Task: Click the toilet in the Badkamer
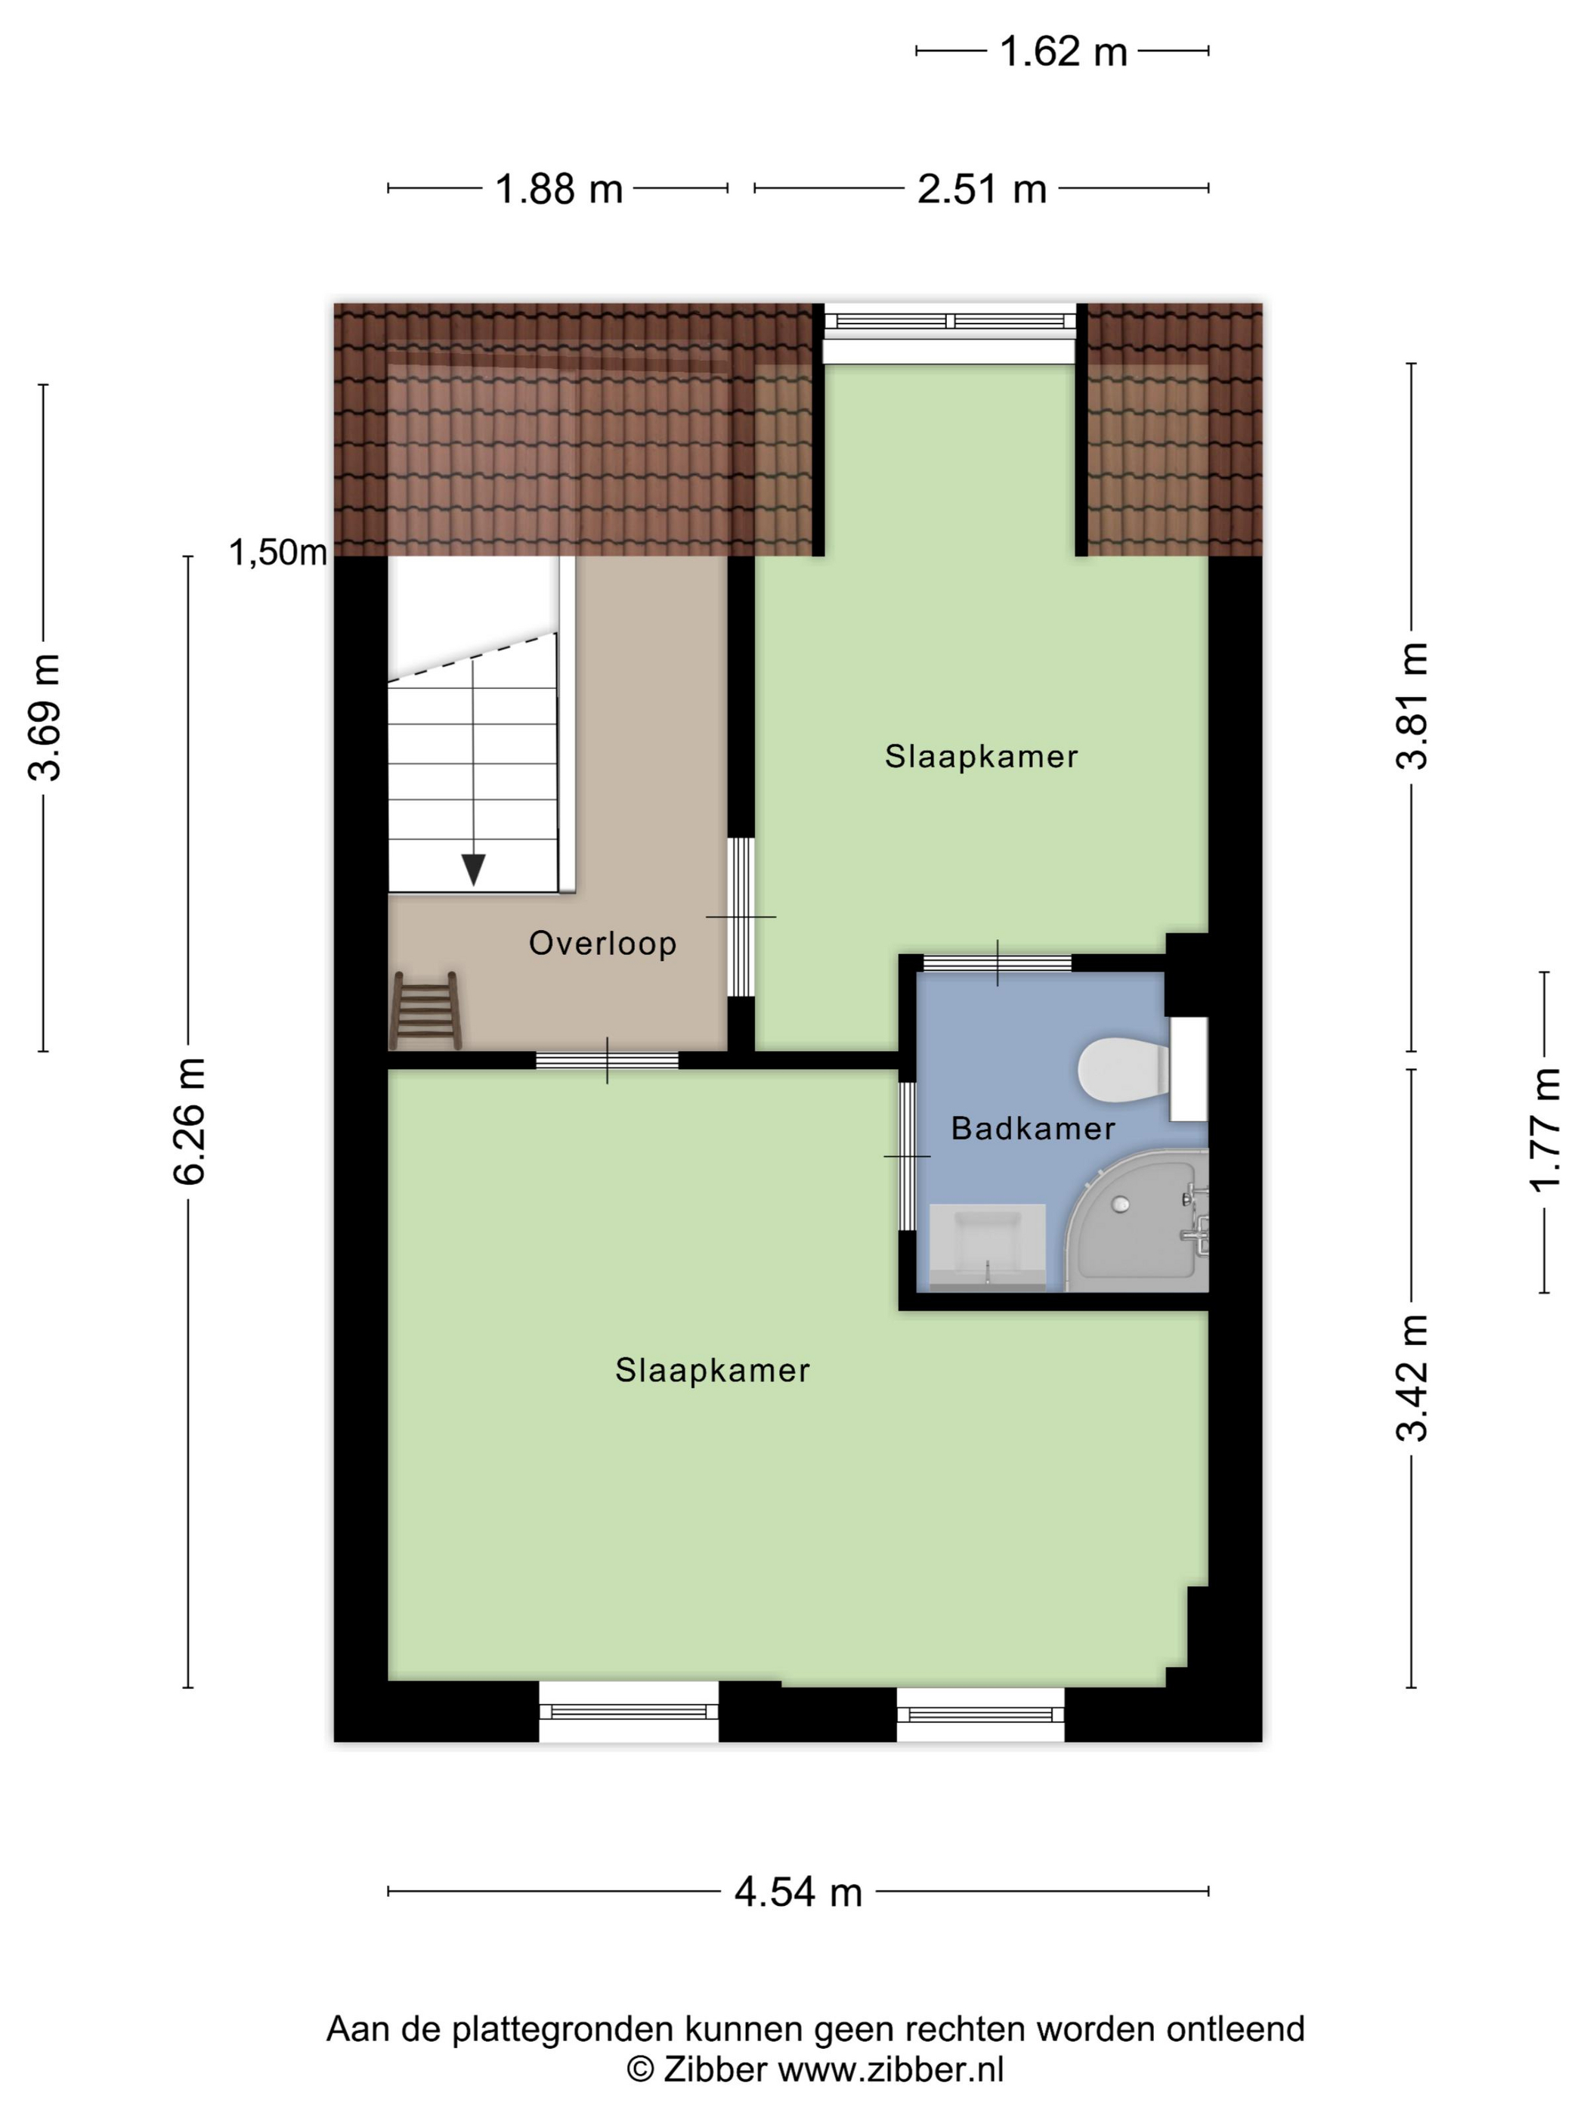point(1124,1069)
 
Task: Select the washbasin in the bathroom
point(987,1246)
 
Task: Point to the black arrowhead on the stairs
point(472,869)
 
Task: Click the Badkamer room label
point(1033,1128)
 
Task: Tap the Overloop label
point(602,943)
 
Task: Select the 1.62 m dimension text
point(1063,51)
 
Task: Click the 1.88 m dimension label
point(558,188)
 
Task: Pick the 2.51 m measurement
point(982,188)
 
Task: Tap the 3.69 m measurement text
point(45,718)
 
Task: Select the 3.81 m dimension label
point(1412,705)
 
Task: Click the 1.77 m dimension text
point(1545,1128)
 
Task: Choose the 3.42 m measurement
point(1412,1378)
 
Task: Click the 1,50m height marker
point(277,552)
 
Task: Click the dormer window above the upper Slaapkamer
point(950,321)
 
